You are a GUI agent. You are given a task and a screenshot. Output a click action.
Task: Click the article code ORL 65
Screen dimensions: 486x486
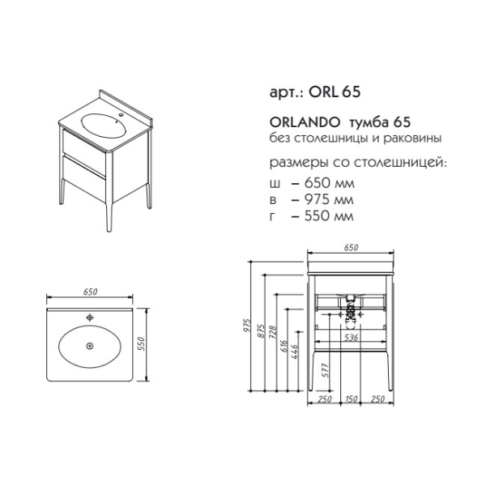click(x=335, y=92)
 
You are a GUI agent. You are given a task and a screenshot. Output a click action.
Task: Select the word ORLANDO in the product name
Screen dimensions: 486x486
click(x=305, y=122)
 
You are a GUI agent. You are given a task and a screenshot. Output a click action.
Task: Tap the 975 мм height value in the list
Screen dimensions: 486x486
click(x=329, y=199)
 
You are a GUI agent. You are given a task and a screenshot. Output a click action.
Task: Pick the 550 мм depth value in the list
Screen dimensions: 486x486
click(x=329, y=215)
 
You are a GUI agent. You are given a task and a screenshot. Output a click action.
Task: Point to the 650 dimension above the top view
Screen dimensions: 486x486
click(x=90, y=292)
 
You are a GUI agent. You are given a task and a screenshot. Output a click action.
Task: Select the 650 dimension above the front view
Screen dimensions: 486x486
click(x=351, y=247)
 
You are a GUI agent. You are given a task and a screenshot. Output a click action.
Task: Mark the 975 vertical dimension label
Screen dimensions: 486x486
click(x=246, y=325)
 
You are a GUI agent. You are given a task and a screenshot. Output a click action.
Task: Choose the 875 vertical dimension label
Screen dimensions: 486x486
click(x=262, y=331)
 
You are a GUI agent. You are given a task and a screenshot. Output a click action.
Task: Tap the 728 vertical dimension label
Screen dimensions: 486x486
click(x=273, y=332)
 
